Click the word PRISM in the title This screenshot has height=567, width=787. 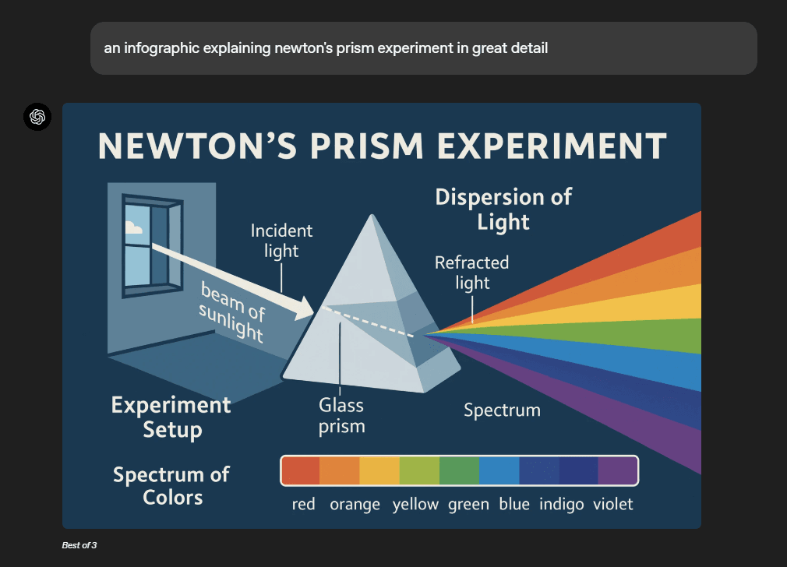(x=366, y=146)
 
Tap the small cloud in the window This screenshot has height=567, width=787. (x=133, y=227)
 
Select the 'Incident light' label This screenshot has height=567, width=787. (x=281, y=241)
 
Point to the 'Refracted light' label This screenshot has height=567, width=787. (x=471, y=273)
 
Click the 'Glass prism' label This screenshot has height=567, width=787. (x=341, y=415)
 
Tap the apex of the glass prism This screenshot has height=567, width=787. (x=372, y=215)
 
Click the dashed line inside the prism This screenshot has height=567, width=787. (x=369, y=322)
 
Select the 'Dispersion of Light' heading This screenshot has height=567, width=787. (x=503, y=210)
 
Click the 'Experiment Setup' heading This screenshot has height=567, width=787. (x=171, y=417)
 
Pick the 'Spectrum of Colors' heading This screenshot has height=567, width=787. (x=171, y=486)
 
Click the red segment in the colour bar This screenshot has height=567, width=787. (x=301, y=470)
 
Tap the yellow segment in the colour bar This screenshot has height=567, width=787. (x=379, y=470)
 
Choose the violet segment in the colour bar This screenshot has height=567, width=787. (x=617, y=470)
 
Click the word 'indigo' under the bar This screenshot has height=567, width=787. (x=561, y=504)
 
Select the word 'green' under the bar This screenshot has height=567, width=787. (x=468, y=504)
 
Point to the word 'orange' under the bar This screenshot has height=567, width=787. (x=355, y=504)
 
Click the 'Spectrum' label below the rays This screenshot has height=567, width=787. (x=502, y=410)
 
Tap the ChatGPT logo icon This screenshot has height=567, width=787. (x=37, y=117)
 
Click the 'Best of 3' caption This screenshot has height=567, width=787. (x=79, y=545)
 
